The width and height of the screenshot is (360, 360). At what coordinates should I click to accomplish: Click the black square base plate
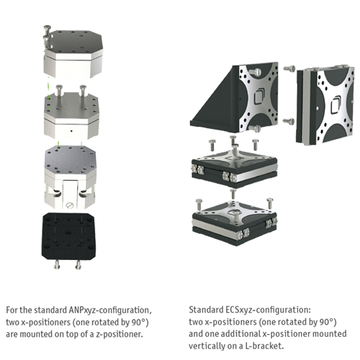(68, 236)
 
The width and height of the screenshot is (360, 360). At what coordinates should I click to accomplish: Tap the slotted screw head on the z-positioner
(69, 205)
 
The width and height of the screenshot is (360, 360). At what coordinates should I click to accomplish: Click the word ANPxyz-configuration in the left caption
(110, 310)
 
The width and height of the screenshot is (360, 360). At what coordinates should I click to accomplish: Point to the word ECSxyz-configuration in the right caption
(268, 310)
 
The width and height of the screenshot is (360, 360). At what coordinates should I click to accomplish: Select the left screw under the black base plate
(57, 264)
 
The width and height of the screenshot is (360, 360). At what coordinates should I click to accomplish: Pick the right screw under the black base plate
(78, 264)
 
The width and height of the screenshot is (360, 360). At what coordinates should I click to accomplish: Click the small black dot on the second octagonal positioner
(71, 131)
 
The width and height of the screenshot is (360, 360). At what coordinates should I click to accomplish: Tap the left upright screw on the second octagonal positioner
(59, 92)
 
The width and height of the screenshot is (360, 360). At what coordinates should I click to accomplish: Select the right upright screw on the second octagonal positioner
(83, 91)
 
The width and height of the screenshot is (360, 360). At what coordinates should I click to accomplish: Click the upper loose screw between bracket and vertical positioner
(289, 68)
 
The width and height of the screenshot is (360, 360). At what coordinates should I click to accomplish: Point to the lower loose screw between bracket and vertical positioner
(289, 122)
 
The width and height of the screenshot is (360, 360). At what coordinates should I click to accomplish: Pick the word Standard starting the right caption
(206, 310)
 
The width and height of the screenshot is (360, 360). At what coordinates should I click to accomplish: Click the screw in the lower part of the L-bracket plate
(254, 128)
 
